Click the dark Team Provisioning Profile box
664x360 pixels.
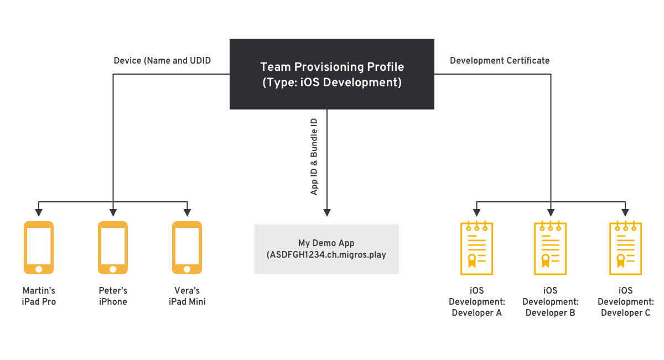tap(332, 74)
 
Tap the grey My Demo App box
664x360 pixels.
tap(326, 249)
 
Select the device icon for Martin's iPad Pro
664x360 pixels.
tap(39, 247)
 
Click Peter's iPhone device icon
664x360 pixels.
tap(113, 247)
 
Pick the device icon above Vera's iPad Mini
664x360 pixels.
tap(187, 247)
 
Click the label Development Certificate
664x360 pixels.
tap(500, 60)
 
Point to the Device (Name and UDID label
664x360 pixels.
tap(162, 60)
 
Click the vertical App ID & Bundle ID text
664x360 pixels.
tap(314, 155)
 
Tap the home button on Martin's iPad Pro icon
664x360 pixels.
tap(39, 269)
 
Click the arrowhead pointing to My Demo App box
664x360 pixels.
tap(327, 212)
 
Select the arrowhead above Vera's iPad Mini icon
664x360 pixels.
tap(187, 212)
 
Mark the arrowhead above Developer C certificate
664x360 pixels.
tap(625, 212)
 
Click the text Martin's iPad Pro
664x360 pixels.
tap(39, 296)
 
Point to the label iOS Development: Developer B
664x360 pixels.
tap(551, 301)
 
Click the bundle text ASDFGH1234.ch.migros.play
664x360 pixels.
tap(326, 255)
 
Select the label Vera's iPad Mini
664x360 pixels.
tap(187, 296)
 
